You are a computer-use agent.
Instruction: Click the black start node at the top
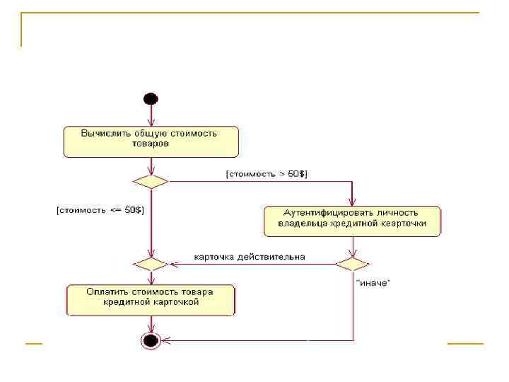click(150, 98)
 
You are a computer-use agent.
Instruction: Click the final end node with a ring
click(150, 341)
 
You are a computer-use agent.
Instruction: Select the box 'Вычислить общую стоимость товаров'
click(151, 141)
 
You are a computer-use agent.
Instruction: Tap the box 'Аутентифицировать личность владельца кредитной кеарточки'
click(352, 221)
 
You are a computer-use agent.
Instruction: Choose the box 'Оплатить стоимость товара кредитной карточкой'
click(151, 300)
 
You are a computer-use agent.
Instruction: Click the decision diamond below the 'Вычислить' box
click(151, 181)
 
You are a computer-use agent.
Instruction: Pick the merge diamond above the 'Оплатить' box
click(151, 263)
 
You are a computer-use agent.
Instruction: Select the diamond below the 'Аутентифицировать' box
click(352, 264)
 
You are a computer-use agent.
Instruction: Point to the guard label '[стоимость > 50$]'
click(267, 173)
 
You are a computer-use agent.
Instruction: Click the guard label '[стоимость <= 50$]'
click(100, 210)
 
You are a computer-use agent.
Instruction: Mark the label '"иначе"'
click(373, 283)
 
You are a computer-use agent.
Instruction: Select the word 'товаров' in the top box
click(151, 143)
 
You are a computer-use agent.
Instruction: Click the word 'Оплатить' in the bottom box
click(106, 291)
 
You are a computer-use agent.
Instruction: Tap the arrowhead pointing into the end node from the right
click(165, 341)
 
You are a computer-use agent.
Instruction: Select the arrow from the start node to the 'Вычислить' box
click(150, 115)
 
